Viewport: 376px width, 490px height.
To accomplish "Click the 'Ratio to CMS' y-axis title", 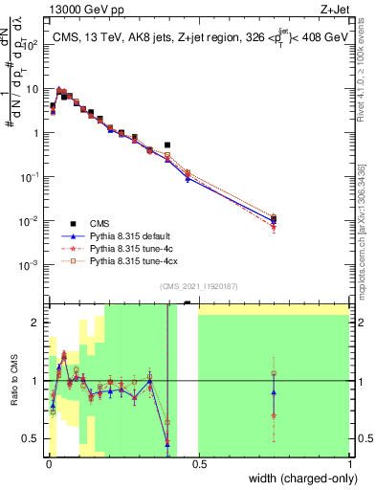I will [12, 382].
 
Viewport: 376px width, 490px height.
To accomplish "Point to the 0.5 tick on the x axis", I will [198, 464].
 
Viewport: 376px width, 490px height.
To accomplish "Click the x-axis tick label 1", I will [349, 464].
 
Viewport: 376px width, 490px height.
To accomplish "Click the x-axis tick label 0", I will [48, 464].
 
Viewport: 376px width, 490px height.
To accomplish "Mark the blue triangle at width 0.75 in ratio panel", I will [274, 392].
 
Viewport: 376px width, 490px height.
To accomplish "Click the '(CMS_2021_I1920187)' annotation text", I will [198, 287].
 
